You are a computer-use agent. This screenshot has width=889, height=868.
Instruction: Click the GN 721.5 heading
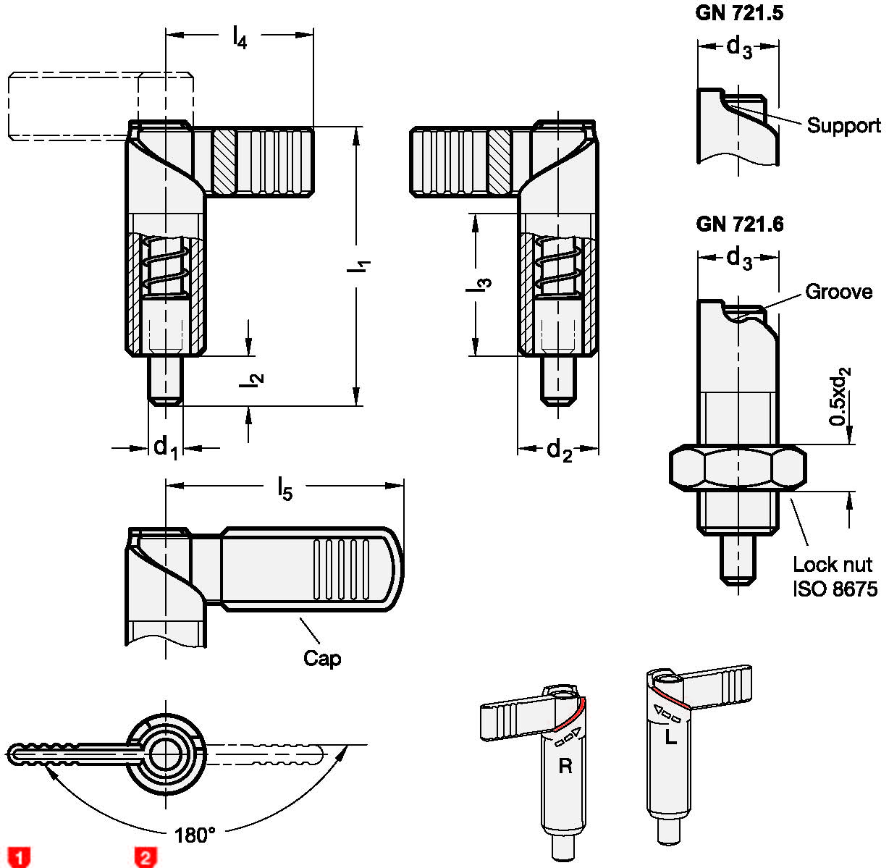point(738,13)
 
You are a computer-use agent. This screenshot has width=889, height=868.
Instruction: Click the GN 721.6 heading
point(739,224)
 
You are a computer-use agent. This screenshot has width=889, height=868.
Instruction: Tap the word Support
point(843,126)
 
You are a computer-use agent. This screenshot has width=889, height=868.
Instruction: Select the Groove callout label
point(838,292)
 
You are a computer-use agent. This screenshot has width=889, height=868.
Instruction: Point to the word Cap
point(322,659)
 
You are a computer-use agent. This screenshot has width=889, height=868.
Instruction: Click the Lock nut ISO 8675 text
point(835,576)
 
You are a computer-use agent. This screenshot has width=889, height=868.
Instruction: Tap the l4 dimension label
point(240,36)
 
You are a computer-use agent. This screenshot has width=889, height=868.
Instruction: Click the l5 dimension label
point(285,489)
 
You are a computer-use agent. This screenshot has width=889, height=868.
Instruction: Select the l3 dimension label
point(479,285)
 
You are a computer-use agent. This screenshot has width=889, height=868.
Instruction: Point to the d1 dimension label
point(165,447)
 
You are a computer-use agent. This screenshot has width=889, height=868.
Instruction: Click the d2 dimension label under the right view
point(559,451)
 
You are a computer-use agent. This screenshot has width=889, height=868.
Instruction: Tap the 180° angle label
point(195,835)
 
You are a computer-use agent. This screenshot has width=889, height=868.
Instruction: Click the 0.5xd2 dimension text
point(840,396)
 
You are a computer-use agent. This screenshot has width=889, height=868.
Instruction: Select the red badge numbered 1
point(20,857)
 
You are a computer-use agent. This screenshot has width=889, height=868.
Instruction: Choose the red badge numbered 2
point(146,857)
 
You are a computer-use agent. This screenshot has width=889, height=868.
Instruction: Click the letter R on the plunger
point(565,766)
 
